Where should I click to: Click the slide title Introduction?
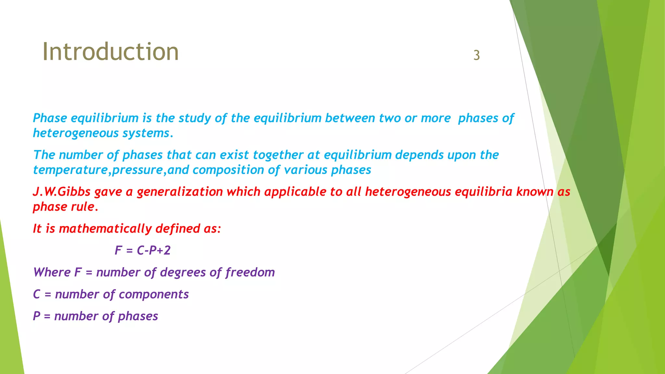coord(110,52)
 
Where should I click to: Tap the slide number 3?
coord(476,55)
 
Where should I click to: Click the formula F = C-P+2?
coord(143,250)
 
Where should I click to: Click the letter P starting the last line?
coord(37,316)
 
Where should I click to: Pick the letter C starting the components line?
coord(37,294)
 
